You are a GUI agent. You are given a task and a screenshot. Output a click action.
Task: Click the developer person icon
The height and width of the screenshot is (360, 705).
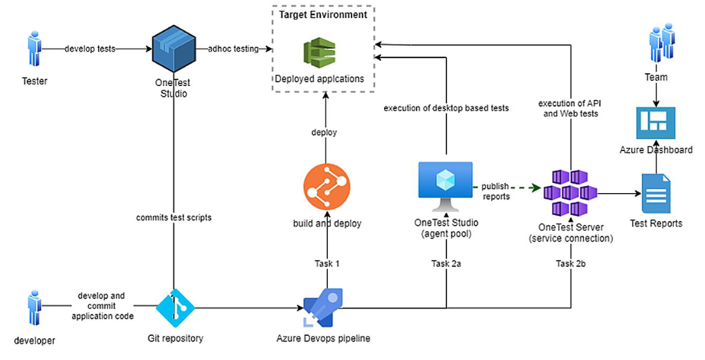point(34,310)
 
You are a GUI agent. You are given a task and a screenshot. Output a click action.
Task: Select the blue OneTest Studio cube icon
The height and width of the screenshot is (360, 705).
point(173,49)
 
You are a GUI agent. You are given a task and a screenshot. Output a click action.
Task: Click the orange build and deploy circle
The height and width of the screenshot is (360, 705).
point(326,189)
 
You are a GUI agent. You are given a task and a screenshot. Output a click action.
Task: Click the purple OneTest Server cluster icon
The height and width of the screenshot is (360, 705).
point(570,192)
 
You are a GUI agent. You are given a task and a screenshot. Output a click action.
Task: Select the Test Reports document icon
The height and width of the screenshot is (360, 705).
point(655,193)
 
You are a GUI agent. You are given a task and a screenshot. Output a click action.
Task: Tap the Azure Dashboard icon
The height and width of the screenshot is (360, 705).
point(655,124)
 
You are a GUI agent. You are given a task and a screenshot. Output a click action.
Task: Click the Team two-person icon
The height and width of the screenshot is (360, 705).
point(657,45)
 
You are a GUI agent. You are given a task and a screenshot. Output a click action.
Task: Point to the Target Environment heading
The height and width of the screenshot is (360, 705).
point(323,14)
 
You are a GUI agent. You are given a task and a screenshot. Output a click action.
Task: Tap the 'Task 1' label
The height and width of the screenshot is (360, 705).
point(327,263)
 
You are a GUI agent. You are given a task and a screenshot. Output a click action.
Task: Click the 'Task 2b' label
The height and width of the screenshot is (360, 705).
point(570,263)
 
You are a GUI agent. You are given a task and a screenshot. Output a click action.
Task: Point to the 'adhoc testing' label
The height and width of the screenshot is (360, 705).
point(233,49)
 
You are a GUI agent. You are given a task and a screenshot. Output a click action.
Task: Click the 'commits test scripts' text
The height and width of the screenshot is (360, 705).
point(173,217)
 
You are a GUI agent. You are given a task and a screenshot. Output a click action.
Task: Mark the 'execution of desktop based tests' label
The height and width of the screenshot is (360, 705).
point(446,108)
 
